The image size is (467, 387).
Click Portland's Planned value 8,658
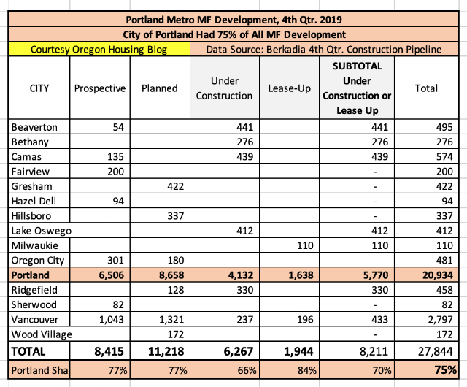[x=161, y=275]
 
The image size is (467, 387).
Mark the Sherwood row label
[x=34, y=304]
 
